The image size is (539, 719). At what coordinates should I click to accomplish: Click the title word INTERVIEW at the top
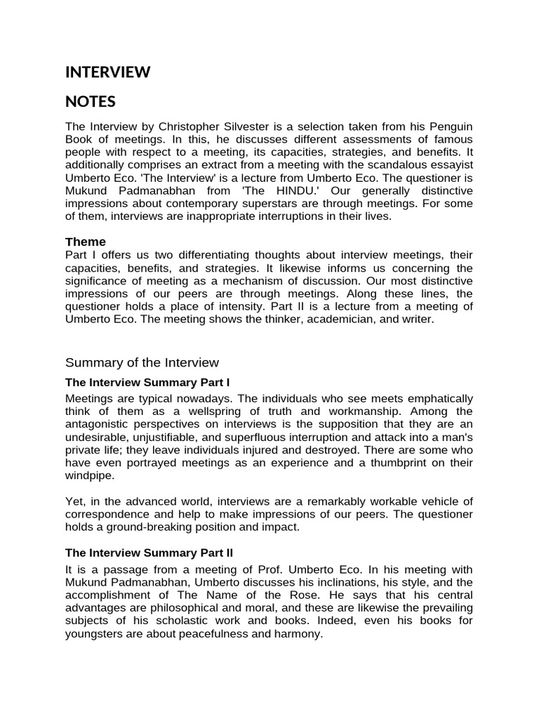coord(107,72)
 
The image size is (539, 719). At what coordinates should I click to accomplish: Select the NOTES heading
coord(90,102)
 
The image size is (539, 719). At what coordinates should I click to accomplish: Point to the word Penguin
coord(450,126)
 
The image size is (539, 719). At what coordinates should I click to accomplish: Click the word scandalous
coord(397,165)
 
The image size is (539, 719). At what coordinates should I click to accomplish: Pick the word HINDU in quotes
coord(288,191)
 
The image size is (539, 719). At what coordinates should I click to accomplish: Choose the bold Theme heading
coord(85,242)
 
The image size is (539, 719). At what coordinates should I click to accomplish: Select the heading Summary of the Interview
coord(142,362)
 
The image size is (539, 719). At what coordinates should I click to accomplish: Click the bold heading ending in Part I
coord(147,383)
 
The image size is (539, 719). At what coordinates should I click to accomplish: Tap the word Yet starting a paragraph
coord(75,501)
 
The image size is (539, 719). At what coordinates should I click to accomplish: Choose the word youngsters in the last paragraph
coord(100,634)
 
